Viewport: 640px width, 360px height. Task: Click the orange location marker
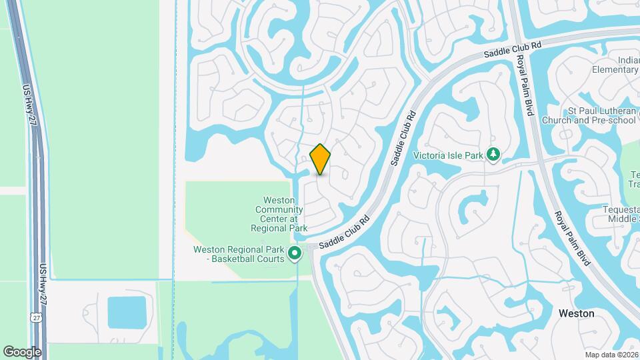click(x=320, y=159)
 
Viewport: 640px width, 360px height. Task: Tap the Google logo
click(x=22, y=351)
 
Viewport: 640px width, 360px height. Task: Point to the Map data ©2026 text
click(x=611, y=355)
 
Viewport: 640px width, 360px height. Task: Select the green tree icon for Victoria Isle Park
click(x=493, y=155)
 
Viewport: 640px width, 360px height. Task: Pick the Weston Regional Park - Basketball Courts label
click(x=239, y=254)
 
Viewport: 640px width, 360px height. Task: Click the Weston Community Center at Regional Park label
click(x=279, y=213)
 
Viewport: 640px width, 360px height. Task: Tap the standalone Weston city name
click(x=576, y=313)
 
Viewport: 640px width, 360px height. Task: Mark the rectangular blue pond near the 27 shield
click(x=127, y=313)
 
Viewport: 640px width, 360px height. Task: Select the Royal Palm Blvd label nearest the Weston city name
click(x=573, y=238)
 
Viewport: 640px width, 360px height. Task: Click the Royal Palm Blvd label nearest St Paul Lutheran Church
click(x=524, y=85)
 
